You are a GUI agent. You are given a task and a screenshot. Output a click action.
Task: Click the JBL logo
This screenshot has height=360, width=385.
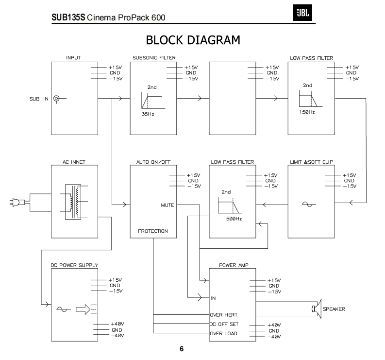coord(302,13)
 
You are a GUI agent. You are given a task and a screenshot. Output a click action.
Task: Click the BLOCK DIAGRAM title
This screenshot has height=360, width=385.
coord(193,40)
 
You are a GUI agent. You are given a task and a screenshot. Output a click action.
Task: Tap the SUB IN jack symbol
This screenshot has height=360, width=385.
coord(56,99)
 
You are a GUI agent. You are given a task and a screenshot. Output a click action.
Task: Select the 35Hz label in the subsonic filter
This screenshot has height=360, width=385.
coord(148,114)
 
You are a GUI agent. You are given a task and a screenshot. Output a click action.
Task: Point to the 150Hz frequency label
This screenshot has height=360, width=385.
coord(307,112)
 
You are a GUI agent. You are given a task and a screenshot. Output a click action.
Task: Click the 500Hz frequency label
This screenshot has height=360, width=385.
coord(234,219)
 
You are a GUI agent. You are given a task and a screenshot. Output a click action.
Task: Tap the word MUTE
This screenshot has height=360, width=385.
coord(167,205)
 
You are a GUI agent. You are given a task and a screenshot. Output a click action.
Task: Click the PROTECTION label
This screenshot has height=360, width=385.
coord(153,231)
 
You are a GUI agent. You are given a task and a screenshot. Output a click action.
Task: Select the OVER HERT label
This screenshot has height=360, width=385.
coord(224,315)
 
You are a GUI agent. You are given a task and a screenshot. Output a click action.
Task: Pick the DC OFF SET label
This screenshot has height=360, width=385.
coord(224,324)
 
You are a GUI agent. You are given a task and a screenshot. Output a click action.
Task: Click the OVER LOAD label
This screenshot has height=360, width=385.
coord(223,333)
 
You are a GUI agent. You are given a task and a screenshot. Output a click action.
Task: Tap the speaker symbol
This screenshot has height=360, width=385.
coord(317,309)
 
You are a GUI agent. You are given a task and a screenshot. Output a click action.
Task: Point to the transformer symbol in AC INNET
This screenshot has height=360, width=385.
coord(74,202)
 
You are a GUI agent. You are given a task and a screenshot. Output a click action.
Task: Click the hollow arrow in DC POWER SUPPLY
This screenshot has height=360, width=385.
coord(83,309)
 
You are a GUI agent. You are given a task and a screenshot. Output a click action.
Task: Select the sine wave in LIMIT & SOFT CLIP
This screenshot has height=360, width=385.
coord(309,204)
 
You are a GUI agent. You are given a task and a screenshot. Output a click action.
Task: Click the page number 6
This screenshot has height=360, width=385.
coord(182,349)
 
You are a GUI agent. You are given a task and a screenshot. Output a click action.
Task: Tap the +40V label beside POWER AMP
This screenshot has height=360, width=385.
coord(274,325)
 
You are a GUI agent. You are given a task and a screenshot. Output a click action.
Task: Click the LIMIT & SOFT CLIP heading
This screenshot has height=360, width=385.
coord(311,162)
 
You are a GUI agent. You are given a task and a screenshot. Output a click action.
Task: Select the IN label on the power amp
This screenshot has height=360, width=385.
coord(213,298)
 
